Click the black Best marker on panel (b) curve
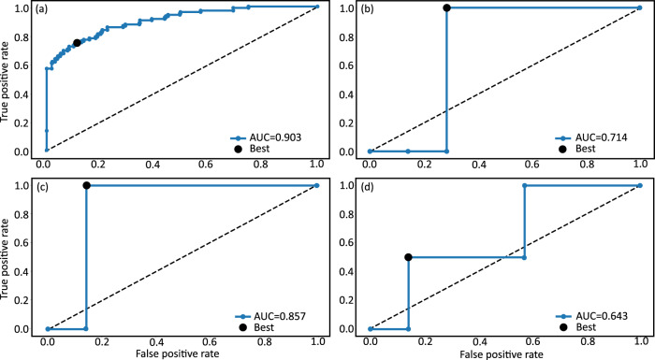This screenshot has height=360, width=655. [446, 7]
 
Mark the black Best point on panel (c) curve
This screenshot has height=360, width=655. [86, 185]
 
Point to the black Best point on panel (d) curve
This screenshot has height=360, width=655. [409, 257]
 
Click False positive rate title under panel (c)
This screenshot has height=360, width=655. [182, 353]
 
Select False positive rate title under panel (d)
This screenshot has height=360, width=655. [505, 353]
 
